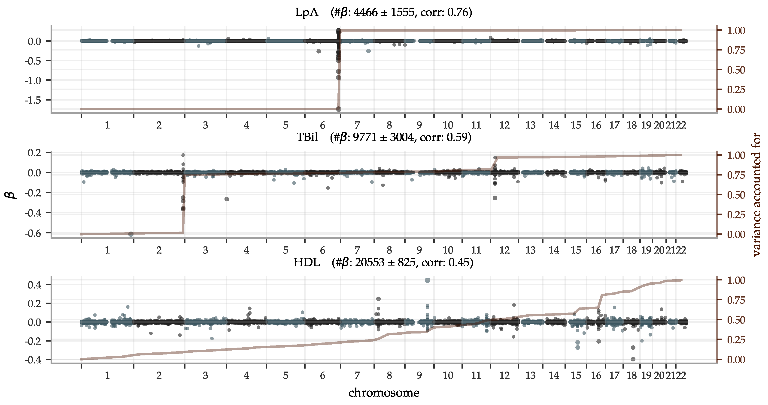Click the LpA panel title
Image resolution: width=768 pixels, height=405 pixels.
click(x=383, y=12)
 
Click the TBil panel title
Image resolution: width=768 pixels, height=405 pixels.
click(x=383, y=137)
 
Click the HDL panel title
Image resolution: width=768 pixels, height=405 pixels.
click(x=383, y=263)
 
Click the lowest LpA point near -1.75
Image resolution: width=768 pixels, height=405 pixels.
click(x=338, y=109)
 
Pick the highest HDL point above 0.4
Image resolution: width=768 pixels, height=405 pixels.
click(x=427, y=280)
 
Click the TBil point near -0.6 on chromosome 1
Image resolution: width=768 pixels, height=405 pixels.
click(x=131, y=234)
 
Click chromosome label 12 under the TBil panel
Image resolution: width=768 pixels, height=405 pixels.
click(x=504, y=250)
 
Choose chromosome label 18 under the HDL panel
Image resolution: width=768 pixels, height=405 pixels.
click(x=631, y=375)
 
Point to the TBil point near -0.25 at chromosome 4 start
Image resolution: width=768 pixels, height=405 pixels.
click(x=227, y=199)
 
